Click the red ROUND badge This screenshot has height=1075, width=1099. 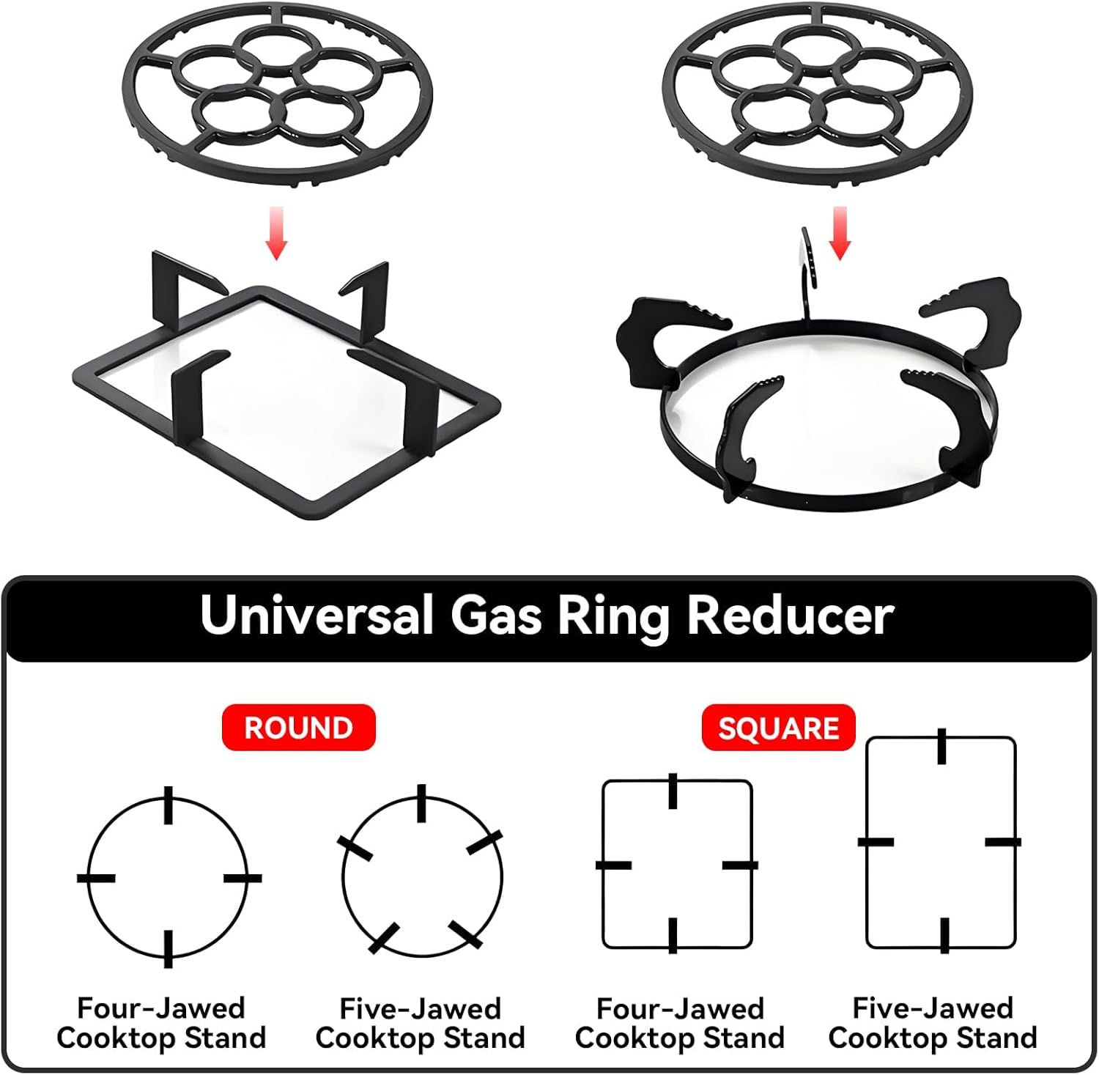(x=298, y=728)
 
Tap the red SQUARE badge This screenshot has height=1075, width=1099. (x=778, y=728)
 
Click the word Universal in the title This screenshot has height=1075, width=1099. (x=317, y=615)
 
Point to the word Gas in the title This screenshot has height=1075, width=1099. (x=495, y=615)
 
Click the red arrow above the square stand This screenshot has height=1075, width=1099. (x=276, y=232)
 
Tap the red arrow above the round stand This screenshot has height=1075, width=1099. (x=840, y=232)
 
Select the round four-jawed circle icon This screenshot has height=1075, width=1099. (x=169, y=877)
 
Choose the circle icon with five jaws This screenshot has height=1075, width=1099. (x=422, y=876)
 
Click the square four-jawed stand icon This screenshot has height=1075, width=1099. (x=676, y=865)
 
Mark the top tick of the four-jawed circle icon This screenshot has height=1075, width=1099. (x=169, y=805)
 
